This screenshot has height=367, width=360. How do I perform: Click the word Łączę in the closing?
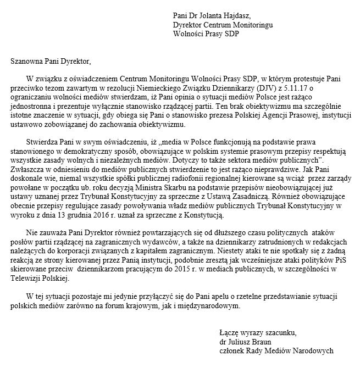228,332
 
